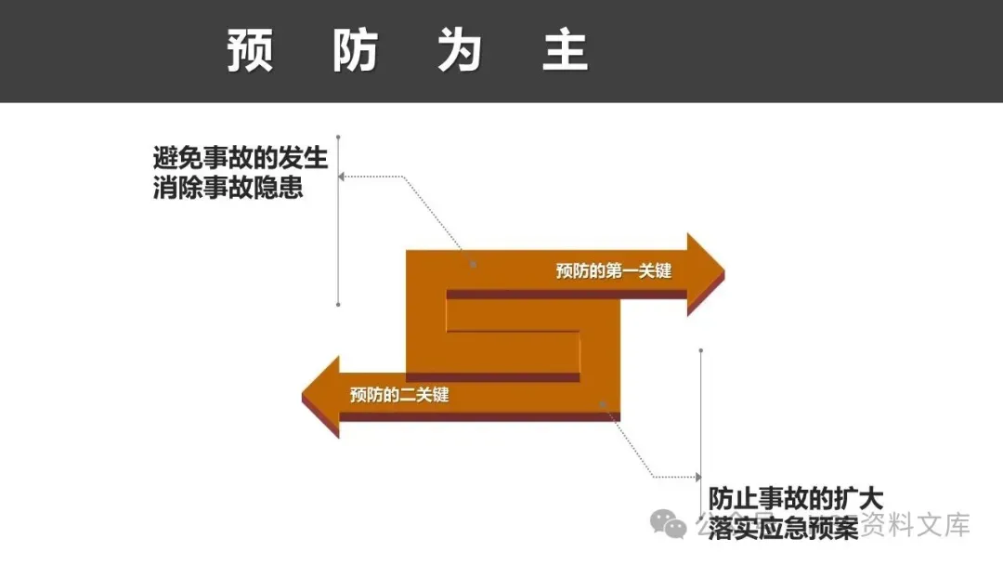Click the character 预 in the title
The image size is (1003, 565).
pos(250,52)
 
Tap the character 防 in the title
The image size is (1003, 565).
pos(356,52)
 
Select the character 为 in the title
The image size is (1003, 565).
pos(461,52)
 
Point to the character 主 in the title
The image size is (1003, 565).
pos(566,52)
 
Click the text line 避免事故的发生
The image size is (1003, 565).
pos(241,157)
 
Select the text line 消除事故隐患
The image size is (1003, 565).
pos(228,188)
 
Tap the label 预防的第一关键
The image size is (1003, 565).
pos(613,270)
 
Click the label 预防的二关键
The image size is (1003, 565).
pos(399,395)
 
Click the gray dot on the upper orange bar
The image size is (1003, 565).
pos(474,264)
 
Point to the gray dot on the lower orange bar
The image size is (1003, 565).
pos(603,404)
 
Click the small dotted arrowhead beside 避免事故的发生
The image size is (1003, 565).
pos(342,175)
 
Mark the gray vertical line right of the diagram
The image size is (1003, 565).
pos(700,427)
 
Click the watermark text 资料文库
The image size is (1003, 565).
pos(916,525)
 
